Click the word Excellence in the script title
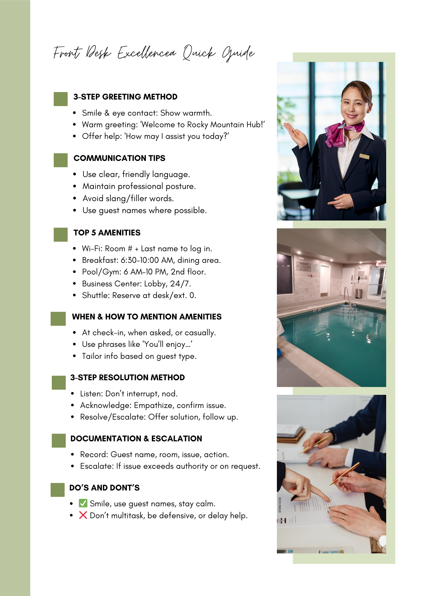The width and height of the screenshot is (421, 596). [x=147, y=53]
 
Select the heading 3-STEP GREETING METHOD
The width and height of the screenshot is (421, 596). [x=125, y=97]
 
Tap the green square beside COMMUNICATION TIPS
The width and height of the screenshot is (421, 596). [x=60, y=160]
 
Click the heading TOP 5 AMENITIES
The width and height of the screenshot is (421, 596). [x=107, y=233]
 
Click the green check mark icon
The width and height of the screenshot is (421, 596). [x=83, y=503]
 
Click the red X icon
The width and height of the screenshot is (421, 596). [x=83, y=515]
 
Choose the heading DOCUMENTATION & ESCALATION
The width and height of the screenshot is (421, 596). [x=136, y=439]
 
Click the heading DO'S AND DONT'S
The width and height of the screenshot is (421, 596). [x=104, y=488]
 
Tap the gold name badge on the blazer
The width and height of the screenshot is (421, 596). [x=364, y=156]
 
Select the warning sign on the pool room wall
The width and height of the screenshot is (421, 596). [x=304, y=266]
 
